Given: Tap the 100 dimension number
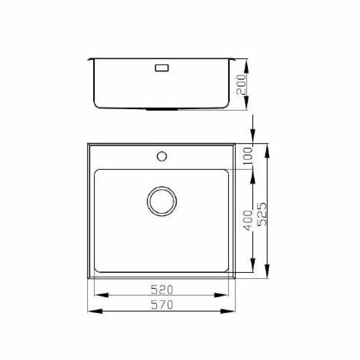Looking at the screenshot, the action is tap(248, 156).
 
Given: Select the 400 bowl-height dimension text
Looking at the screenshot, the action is tap(248, 220).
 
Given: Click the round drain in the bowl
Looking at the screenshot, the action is tap(162, 201).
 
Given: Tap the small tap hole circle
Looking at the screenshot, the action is tap(162, 156).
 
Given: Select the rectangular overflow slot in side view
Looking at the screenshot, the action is tap(162, 68).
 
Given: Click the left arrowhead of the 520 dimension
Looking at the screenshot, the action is tap(101, 295).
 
